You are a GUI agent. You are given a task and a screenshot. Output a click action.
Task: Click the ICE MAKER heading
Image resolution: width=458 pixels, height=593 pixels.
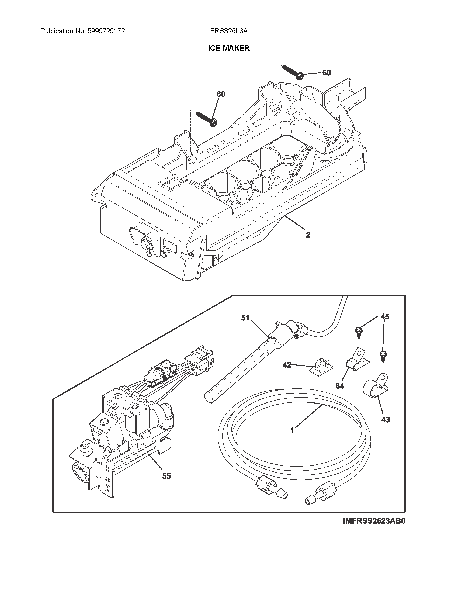(x=228, y=48)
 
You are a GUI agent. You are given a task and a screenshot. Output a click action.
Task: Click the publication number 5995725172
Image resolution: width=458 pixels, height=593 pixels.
(x=106, y=31)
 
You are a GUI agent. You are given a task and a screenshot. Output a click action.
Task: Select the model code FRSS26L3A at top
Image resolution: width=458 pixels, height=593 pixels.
(x=228, y=31)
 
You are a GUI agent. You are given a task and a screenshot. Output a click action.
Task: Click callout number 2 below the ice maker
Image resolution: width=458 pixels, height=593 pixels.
(x=308, y=235)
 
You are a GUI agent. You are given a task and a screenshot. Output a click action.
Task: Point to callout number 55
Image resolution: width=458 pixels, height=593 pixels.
(x=166, y=476)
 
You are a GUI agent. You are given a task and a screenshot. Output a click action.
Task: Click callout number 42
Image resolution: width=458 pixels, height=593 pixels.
(x=287, y=365)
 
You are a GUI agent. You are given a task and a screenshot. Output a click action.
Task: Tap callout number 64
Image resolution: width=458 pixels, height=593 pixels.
(x=340, y=385)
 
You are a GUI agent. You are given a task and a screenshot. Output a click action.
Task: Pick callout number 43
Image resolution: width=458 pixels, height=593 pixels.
(x=385, y=419)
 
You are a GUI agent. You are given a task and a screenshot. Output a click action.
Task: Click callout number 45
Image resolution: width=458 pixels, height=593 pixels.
(x=385, y=317)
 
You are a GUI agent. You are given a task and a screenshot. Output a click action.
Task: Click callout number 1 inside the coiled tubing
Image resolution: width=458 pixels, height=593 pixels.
(x=292, y=430)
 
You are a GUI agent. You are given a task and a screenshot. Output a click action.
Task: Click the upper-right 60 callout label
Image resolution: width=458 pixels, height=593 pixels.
(x=327, y=73)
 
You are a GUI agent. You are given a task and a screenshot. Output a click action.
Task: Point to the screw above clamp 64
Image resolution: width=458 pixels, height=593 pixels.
(x=358, y=331)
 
